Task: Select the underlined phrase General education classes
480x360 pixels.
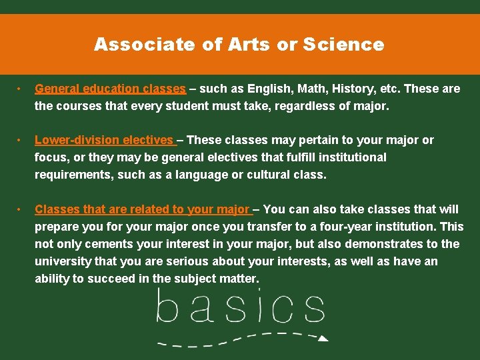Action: (x=110, y=89)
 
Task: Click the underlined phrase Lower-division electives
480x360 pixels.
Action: (x=104, y=140)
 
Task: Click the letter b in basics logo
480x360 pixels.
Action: (x=167, y=308)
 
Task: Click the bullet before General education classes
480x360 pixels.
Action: (x=21, y=89)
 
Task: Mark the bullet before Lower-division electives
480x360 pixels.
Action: (x=21, y=140)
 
